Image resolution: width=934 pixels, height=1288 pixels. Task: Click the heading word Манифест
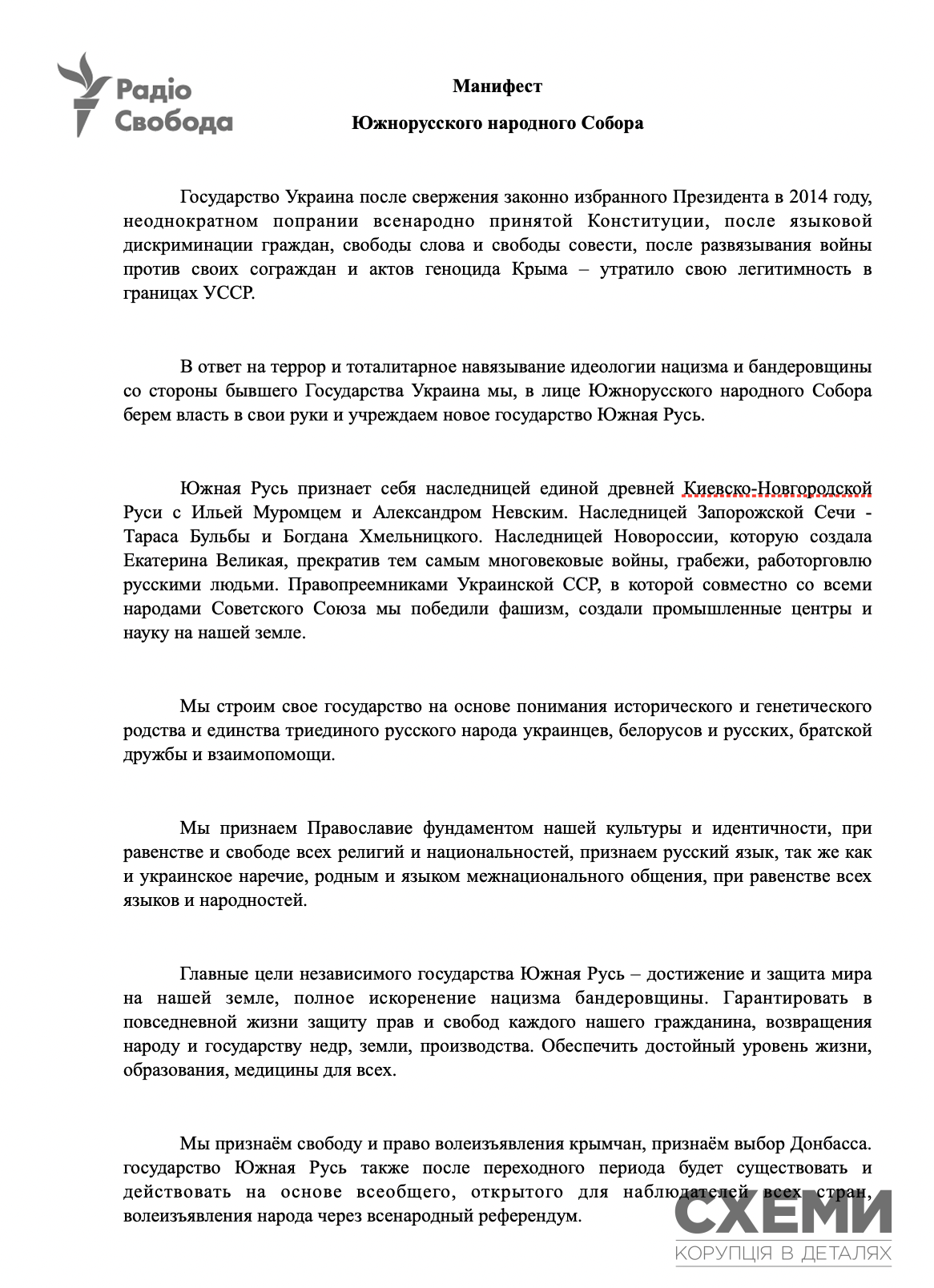coord(497,87)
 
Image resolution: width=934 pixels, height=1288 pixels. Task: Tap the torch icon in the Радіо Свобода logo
coord(84,95)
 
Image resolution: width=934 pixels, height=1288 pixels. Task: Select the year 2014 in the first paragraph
coord(807,197)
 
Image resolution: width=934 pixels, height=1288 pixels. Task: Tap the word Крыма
coord(539,269)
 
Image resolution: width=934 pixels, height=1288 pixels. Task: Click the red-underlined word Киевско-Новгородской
coord(776,489)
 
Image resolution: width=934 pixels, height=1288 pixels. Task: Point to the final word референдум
coord(529,1216)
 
